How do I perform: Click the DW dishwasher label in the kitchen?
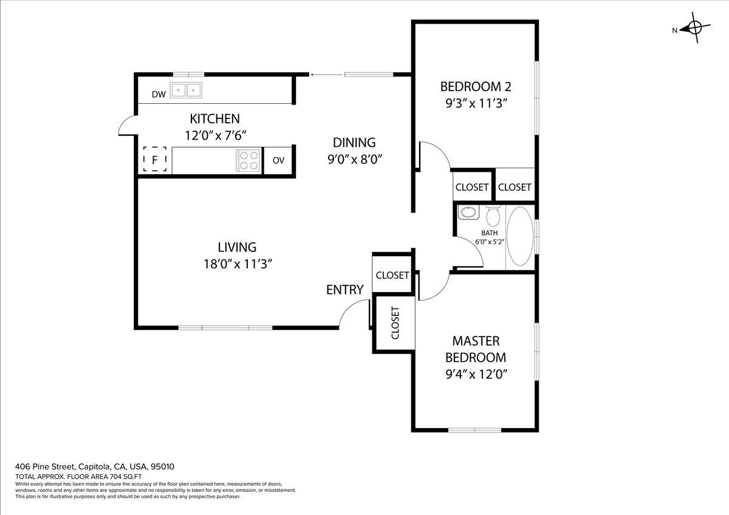[x=159, y=94]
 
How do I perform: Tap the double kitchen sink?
[x=187, y=90]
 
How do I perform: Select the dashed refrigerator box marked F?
[x=155, y=160]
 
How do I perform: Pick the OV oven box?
[x=279, y=160]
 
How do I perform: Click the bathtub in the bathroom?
[x=519, y=236]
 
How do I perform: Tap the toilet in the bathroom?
[x=493, y=215]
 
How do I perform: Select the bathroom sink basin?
[x=468, y=213]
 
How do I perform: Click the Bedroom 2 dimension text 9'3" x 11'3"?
[x=476, y=103]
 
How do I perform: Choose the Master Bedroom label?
[x=476, y=349]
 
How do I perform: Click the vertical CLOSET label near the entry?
[x=395, y=322]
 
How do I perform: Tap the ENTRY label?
[x=344, y=290]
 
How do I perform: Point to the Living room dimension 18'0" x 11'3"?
[x=237, y=264]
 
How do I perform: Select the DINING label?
[x=354, y=143]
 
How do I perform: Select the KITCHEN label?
[x=214, y=118]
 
